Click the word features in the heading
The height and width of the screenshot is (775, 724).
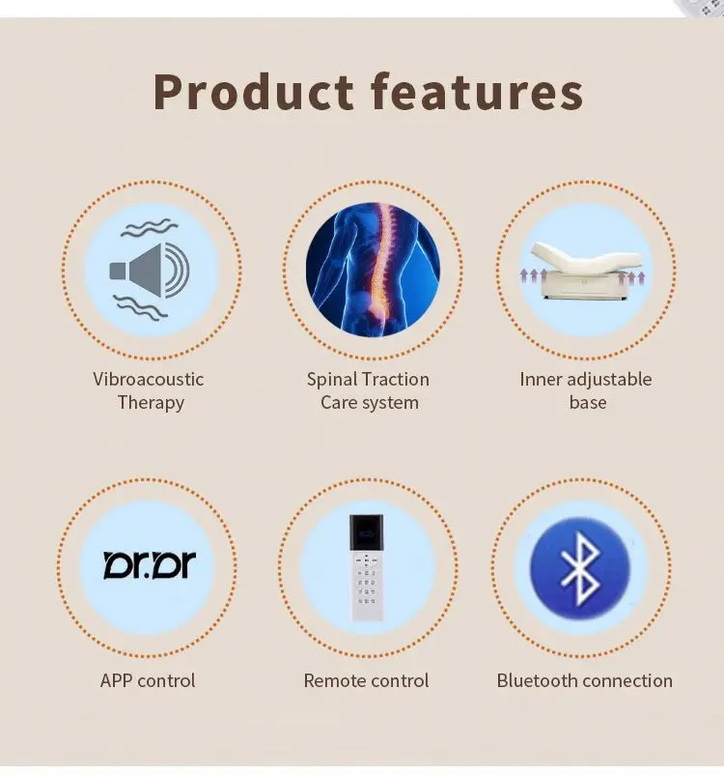[477, 92]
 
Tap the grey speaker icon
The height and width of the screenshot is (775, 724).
[151, 270]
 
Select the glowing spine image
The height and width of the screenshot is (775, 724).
[373, 270]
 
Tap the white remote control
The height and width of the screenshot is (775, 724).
[367, 567]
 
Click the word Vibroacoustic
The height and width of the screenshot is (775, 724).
[149, 379]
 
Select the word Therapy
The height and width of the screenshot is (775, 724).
[151, 403]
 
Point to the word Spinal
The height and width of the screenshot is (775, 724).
[333, 379]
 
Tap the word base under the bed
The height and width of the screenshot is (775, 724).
[587, 403]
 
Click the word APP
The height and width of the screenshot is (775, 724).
[118, 680]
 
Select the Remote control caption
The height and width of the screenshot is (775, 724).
[367, 680]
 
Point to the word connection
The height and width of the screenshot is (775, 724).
[627, 680]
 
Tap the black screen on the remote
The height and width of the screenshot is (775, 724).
[367, 530]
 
